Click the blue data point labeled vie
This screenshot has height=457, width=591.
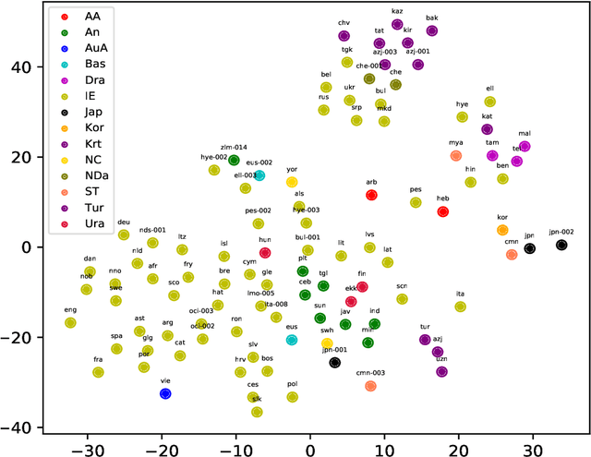(165, 393)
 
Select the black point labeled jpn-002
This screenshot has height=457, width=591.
(561, 245)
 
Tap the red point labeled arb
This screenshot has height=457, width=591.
(371, 195)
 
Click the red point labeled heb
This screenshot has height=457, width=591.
(442, 211)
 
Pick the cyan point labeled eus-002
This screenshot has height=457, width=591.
(259, 175)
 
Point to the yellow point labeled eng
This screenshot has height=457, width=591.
(70, 322)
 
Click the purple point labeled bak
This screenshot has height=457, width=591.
(432, 30)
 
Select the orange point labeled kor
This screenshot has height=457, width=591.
(502, 230)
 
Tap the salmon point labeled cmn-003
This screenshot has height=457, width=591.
(370, 386)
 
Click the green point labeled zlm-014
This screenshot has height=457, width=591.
(235, 160)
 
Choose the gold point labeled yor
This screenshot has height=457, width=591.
(292, 183)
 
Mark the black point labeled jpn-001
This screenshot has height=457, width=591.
(335, 362)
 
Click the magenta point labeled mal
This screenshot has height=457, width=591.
(525, 146)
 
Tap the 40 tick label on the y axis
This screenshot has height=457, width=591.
(21, 67)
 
